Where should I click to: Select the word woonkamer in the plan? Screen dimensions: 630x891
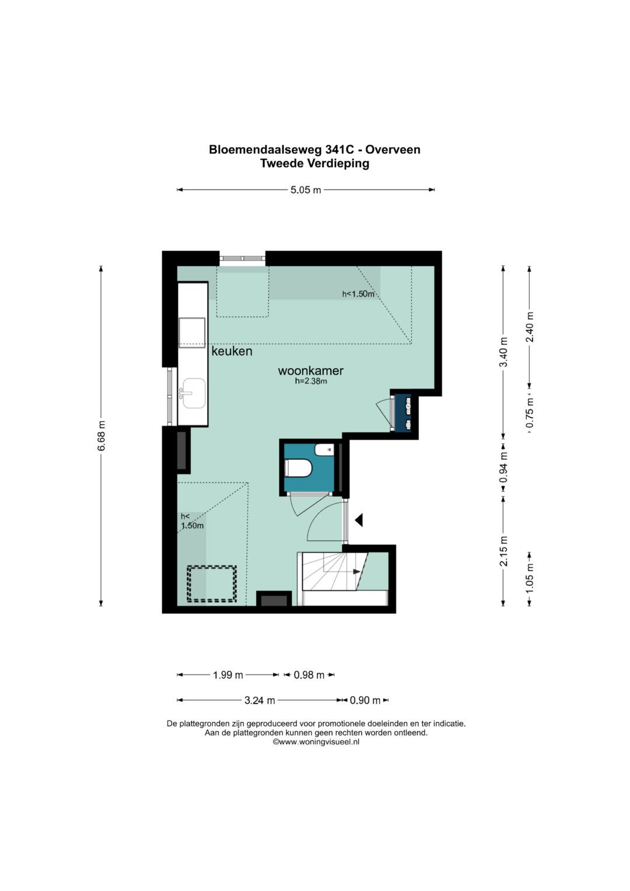(x=310, y=371)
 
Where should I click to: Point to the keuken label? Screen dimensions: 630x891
(x=232, y=351)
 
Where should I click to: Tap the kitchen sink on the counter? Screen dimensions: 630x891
(x=194, y=393)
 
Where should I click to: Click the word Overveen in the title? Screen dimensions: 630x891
(x=393, y=149)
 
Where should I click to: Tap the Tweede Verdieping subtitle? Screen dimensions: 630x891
(x=314, y=163)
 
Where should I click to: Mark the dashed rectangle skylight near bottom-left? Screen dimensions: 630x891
(x=212, y=583)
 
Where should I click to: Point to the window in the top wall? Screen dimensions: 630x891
(x=243, y=258)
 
